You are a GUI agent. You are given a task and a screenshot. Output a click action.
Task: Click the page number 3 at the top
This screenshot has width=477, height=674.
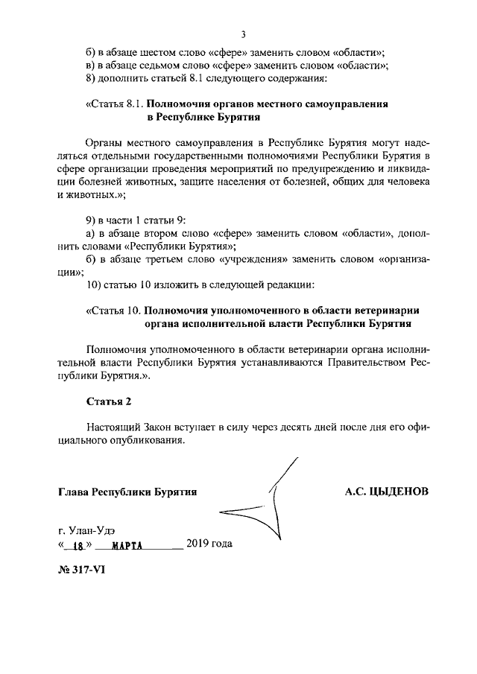(243, 34)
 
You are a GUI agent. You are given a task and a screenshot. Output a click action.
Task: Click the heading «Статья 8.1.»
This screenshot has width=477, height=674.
(115, 104)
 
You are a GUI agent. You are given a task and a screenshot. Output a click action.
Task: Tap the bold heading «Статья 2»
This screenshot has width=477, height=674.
(108, 401)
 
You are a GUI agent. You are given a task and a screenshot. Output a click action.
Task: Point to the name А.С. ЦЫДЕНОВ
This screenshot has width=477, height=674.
(387, 492)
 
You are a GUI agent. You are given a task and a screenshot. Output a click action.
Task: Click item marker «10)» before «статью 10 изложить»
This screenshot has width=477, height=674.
(95, 284)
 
